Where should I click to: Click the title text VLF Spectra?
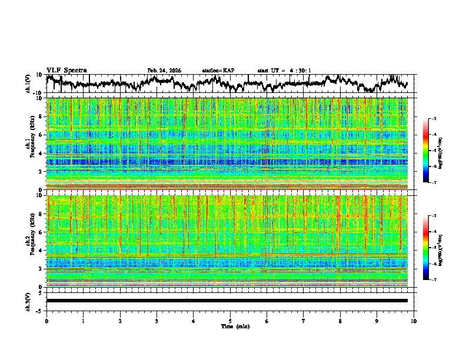click(x=66, y=70)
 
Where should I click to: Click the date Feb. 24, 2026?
click(x=164, y=71)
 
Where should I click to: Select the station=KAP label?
click(x=218, y=71)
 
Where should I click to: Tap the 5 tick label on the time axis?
click(x=230, y=321)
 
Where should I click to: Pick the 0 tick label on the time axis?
click(x=46, y=321)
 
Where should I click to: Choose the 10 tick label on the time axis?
click(x=414, y=321)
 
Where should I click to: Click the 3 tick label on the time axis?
click(x=157, y=321)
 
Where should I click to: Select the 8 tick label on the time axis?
click(x=340, y=321)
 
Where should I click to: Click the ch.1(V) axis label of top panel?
click(x=28, y=84)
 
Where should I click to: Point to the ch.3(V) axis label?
click(x=28, y=301)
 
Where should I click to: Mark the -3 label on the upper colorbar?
click(x=434, y=119)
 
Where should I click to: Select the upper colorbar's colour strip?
click(x=426, y=151)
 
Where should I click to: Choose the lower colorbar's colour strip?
click(x=426, y=248)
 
